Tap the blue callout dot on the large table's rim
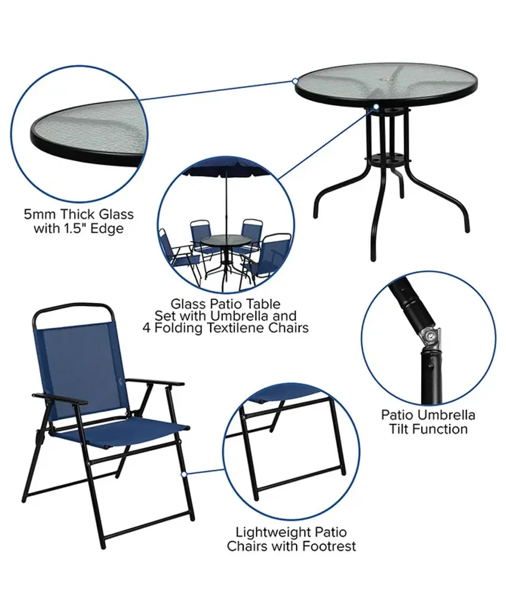point(295,81)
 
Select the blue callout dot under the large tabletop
point(376,106)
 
